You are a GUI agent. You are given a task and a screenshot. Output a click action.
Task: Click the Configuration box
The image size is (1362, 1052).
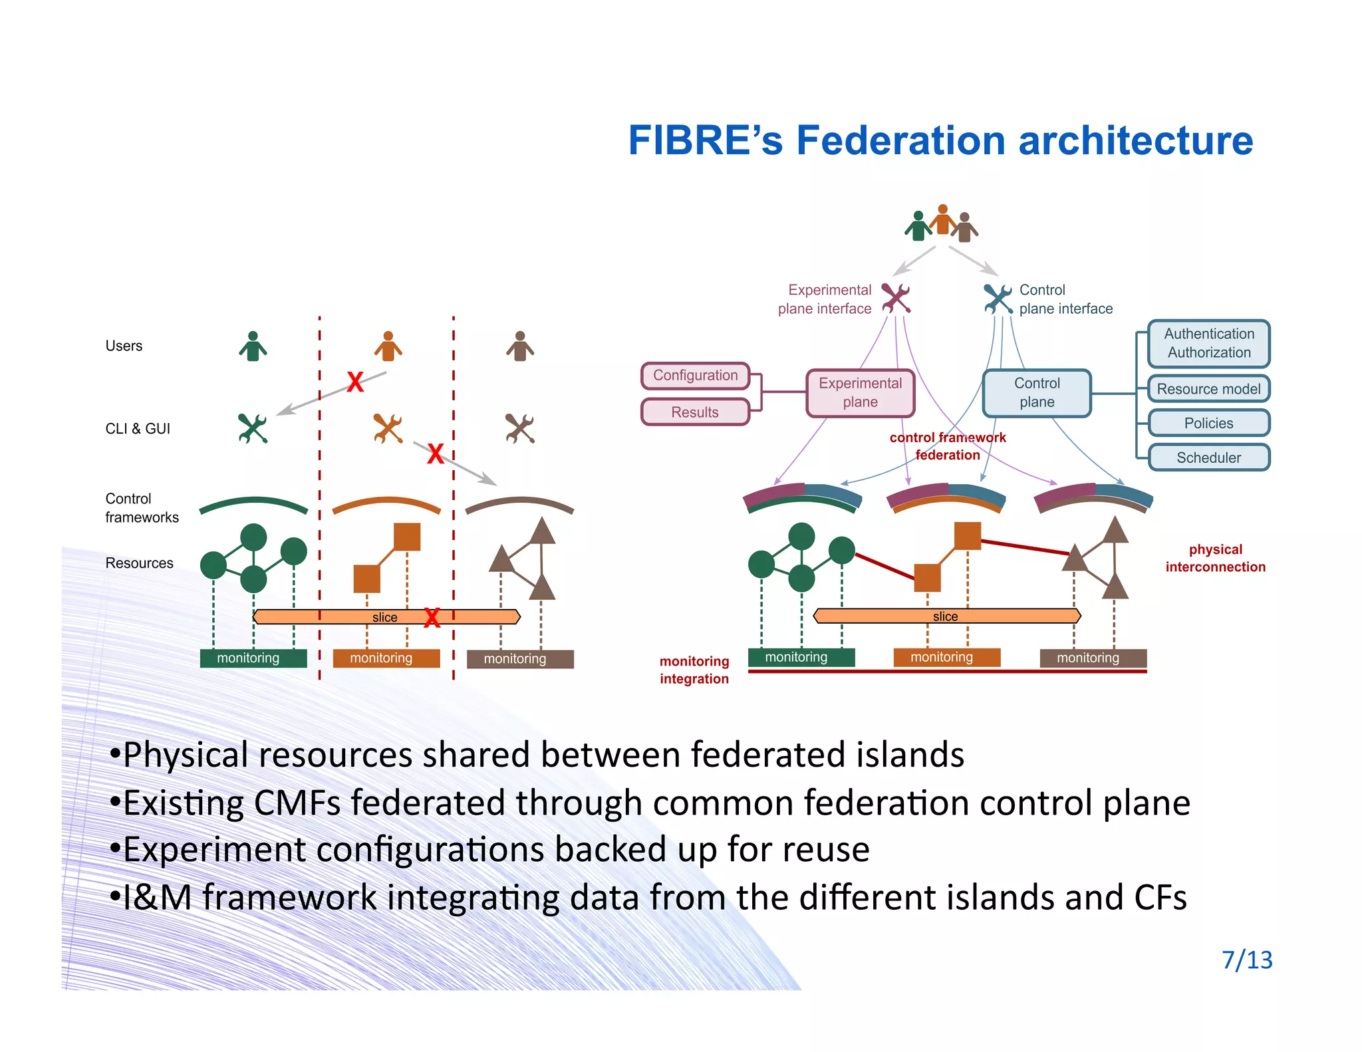click(695, 376)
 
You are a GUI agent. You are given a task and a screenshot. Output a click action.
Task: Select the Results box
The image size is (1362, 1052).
click(695, 412)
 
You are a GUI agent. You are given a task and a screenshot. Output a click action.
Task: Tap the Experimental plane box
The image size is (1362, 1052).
click(860, 393)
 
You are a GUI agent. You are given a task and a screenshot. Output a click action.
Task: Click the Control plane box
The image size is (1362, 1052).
click(1037, 393)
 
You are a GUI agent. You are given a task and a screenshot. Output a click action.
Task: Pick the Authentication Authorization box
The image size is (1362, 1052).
click(1208, 344)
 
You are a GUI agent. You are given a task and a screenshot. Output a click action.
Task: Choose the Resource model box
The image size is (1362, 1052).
click(1208, 389)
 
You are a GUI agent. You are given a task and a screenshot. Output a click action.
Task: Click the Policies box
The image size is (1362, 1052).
click(1208, 424)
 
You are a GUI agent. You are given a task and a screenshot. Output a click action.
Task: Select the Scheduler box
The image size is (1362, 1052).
click(1208, 458)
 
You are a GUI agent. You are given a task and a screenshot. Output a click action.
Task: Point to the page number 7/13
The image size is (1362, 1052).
click(1247, 960)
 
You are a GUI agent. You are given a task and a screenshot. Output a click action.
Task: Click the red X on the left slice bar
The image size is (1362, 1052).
click(432, 618)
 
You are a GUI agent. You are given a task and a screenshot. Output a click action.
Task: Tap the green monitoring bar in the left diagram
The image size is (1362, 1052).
click(253, 658)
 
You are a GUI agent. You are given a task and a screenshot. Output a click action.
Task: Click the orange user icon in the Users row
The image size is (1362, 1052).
click(388, 346)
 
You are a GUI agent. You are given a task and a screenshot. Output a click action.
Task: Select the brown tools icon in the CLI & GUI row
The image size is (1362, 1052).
click(519, 429)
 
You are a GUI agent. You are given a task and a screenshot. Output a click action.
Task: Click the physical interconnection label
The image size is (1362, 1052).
click(1215, 559)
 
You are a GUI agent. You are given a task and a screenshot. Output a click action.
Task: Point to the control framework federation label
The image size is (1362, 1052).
click(947, 446)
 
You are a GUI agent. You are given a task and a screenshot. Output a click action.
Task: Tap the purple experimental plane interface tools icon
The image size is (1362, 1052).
click(896, 298)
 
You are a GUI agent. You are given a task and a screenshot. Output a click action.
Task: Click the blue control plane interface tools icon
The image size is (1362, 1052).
click(998, 299)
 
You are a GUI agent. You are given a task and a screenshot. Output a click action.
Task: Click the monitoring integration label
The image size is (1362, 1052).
click(694, 670)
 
